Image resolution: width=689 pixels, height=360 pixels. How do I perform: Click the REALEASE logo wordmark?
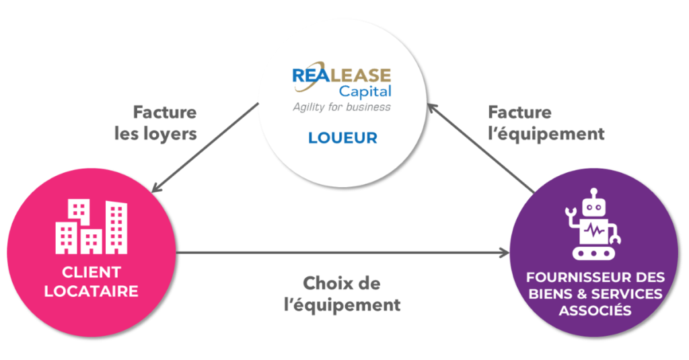pyautogui.click(x=341, y=75)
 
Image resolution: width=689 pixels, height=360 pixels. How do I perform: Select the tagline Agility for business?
pyautogui.click(x=341, y=106)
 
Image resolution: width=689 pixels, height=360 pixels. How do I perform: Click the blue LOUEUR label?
pyautogui.click(x=342, y=138)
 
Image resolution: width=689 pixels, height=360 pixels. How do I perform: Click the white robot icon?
pyautogui.click(x=593, y=224)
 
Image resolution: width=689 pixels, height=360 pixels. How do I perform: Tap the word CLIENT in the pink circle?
pyautogui.click(x=92, y=273)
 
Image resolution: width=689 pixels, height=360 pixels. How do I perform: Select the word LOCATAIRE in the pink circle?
pyautogui.click(x=92, y=291)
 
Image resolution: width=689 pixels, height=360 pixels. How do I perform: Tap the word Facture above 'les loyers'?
pyautogui.click(x=165, y=112)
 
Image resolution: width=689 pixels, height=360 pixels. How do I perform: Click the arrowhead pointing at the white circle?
pyautogui.click(x=431, y=107)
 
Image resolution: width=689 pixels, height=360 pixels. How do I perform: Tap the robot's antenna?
pyautogui.click(x=593, y=193)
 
